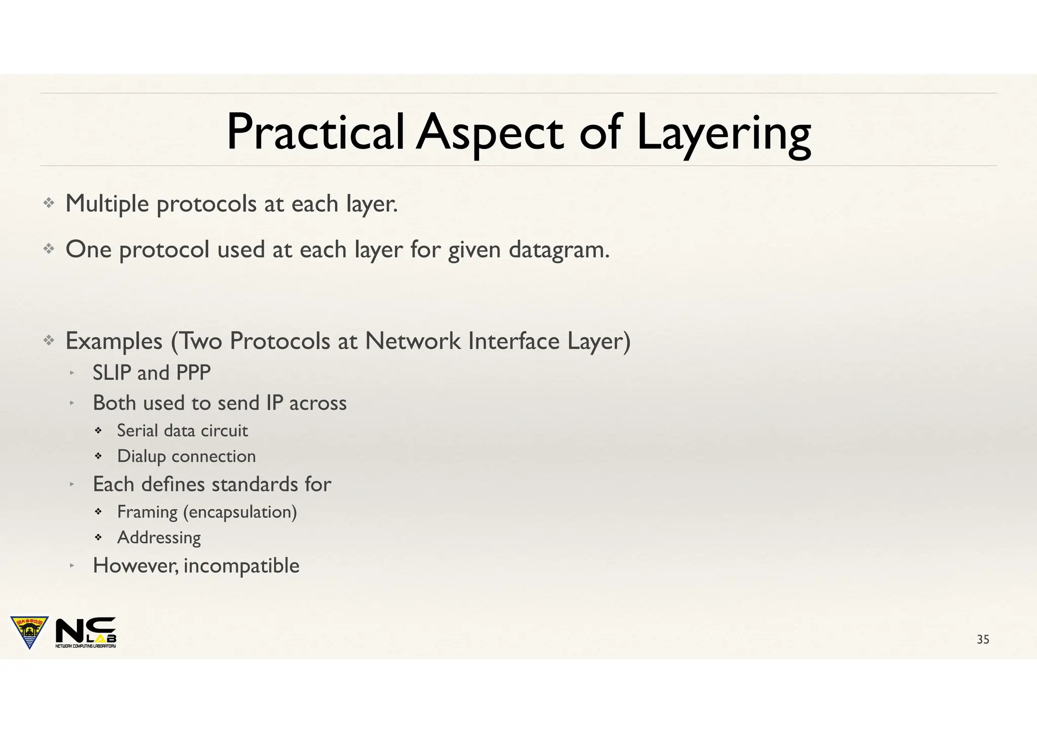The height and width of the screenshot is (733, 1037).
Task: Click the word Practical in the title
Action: (315, 133)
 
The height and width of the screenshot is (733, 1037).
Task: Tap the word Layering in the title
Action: (724, 134)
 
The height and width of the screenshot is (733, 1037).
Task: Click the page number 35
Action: (983, 639)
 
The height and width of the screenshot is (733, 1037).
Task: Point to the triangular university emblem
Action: (29, 631)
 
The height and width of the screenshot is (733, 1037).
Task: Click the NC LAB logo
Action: (86, 632)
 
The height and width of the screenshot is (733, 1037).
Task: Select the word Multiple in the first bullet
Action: (107, 204)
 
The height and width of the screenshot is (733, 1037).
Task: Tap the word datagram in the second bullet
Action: (559, 250)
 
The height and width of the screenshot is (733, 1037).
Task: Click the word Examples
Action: (114, 342)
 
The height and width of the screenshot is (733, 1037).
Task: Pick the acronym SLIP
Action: (111, 373)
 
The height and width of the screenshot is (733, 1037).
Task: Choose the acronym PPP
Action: (193, 373)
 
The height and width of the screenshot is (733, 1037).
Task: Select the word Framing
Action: (147, 512)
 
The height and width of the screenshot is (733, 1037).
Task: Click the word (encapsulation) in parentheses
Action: (240, 512)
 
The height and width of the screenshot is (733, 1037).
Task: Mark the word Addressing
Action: (159, 538)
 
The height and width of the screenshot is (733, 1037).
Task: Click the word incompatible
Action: (242, 566)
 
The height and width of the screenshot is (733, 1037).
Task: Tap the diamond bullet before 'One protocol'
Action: (49, 249)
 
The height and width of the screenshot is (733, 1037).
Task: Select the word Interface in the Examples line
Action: (514, 341)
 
